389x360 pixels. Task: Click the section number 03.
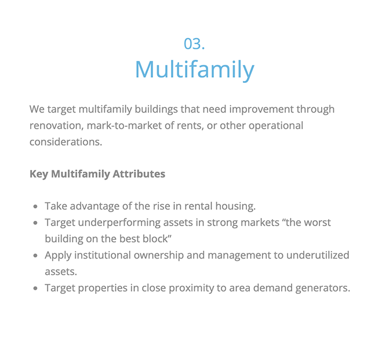point(194,43)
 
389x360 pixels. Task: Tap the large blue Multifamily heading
point(195,70)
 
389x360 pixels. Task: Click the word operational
point(276,126)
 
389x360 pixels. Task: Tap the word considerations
point(66,142)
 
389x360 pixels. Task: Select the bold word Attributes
point(139,174)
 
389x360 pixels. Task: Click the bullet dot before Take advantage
point(35,206)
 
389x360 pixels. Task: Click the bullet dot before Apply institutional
point(35,256)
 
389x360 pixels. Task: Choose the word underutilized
point(318,255)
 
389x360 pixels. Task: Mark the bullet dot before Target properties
point(35,288)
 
